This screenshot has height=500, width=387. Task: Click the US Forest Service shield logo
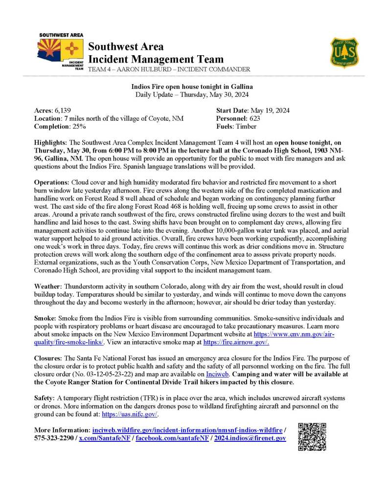point(344,53)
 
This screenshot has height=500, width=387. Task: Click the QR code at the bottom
point(312,436)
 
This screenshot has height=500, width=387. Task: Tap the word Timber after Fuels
point(247,126)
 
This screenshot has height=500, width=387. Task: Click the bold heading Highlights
point(51,142)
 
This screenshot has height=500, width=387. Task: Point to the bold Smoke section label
point(45,317)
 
